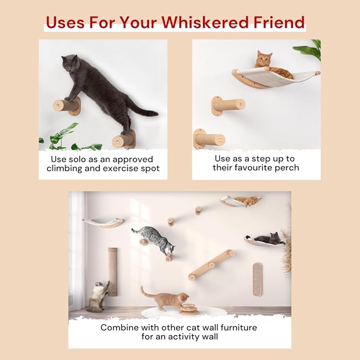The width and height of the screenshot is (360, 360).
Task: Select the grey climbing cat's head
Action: click(x=70, y=64)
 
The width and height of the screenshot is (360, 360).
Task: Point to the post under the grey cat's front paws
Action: click(x=66, y=106)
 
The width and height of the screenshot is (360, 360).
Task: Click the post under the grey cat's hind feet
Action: click(x=124, y=140)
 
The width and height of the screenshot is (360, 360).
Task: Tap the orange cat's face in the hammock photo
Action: click(x=264, y=60)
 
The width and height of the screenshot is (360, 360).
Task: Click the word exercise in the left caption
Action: click(x=117, y=168)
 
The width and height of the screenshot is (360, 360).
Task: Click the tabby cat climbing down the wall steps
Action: click(x=154, y=240)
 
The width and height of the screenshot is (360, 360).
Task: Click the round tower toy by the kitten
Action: click(x=189, y=309)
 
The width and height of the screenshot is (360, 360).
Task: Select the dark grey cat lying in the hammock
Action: click(x=269, y=239)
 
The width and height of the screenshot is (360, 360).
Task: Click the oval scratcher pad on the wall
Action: click(x=257, y=279)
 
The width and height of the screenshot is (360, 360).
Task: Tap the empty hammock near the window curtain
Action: click(x=103, y=223)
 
